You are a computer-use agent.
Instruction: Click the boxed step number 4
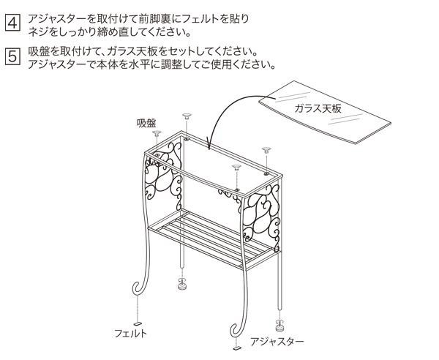click(12, 22)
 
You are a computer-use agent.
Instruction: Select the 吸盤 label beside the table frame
click(146, 122)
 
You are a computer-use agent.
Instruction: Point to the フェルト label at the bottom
click(130, 333)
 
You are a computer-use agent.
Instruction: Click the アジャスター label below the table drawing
click(277, 341)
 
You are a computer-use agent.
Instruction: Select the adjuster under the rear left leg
click(181, 282)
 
